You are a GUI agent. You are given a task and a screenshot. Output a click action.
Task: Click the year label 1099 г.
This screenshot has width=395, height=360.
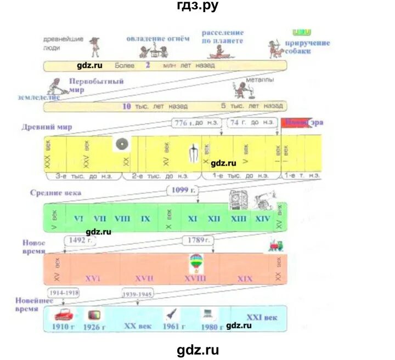pos(183,190)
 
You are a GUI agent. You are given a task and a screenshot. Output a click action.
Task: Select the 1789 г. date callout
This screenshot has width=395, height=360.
pos(196,240)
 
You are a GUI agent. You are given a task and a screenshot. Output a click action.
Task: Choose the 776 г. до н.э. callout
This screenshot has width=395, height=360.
pos(195,123)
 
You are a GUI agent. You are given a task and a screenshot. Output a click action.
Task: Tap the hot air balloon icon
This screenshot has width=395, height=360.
pos(195,262)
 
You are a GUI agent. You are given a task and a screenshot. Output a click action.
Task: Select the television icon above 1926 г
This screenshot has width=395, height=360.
pos(93,315)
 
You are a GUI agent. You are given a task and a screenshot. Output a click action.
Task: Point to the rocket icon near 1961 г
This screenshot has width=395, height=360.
pos(171,315)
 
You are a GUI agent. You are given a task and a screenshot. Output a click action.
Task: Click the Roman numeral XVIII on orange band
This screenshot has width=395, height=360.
pos(196,278)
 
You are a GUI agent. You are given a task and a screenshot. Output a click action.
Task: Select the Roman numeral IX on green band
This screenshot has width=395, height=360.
pos(145,218)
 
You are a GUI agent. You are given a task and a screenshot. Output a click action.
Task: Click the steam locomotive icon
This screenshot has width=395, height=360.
pos(275,245)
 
